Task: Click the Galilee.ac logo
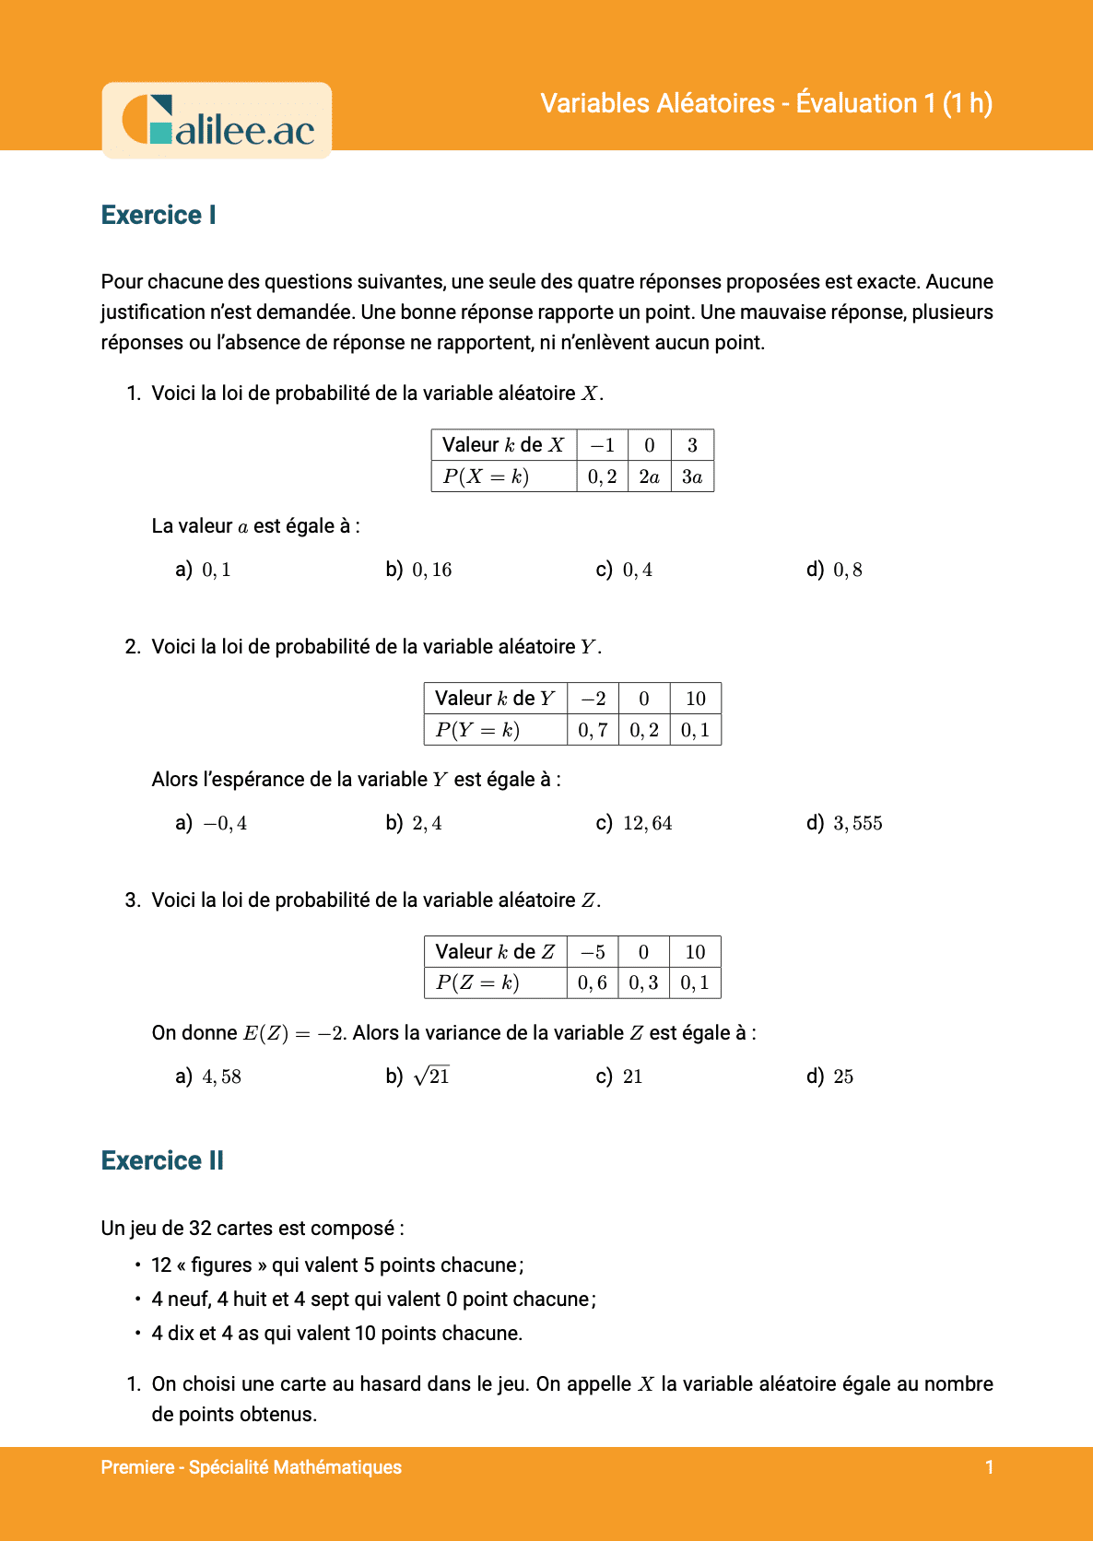pyautogui.click(x=217, y=121)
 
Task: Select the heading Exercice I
pyautogui.click(x=159, y=215)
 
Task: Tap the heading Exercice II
pyautogui.click(x=162, y=1160)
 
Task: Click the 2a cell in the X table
pyautogui.click(x=649, y=476)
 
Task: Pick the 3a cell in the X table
pyautogui.click(x=692, y=476)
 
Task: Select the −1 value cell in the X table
pyautogui.click(x=603, y=445)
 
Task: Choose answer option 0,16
pyautogui.click(x=431, y=570)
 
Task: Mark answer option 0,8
pyautogui.click(x=847, y=570)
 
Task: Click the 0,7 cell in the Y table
pyautogui.click(x=593, y=730)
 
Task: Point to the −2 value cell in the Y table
pyautogui.click(x=593, y=699)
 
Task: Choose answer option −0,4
pyautogui.click(x=225, y=823)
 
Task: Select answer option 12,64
pyautogui.click(x=647, y=823)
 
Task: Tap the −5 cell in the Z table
pyautogui.click(x=593, y=952)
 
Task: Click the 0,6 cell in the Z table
pyautogui.click(x=593, y=983)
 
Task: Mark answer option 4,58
pyautogui.click(x=221, y=1076)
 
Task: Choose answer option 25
pyautogui.click(x=843, y=1076)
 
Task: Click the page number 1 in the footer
pyautogui.click(x=989, y=1467)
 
